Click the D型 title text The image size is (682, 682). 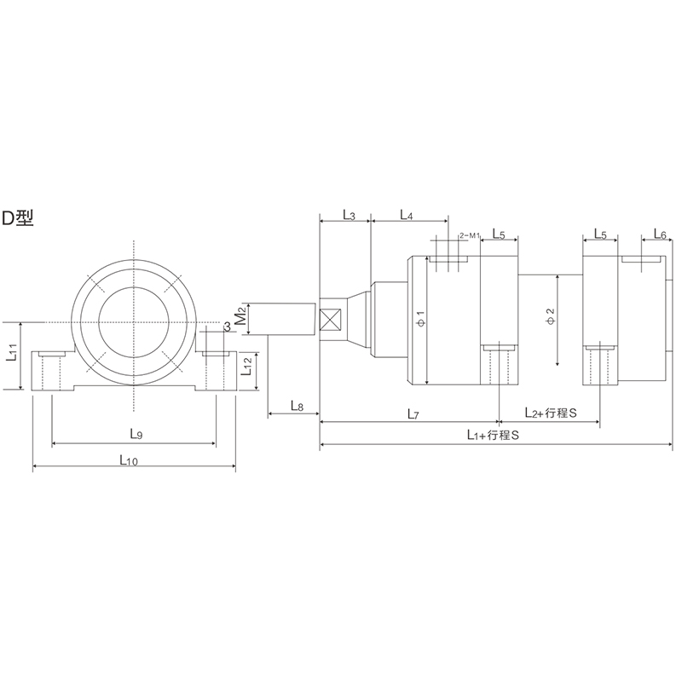[x=18, y=218]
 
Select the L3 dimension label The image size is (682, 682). [x=349, y=215]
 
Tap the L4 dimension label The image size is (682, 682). [x=406, y=215]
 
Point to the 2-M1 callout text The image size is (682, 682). [x=470, y=234]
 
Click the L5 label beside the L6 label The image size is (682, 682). [x=599, y=234]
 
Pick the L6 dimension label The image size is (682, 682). [x=659, y=234]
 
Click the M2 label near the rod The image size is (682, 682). [x=241, y=317]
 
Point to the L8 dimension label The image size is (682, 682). [x=297, y=406]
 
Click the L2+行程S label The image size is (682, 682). [x=550, y=413]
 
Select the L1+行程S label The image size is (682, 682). [x=494, y=435]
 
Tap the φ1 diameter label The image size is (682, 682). [x=419, y=320]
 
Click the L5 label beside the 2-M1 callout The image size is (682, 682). [x=499, y=234]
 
